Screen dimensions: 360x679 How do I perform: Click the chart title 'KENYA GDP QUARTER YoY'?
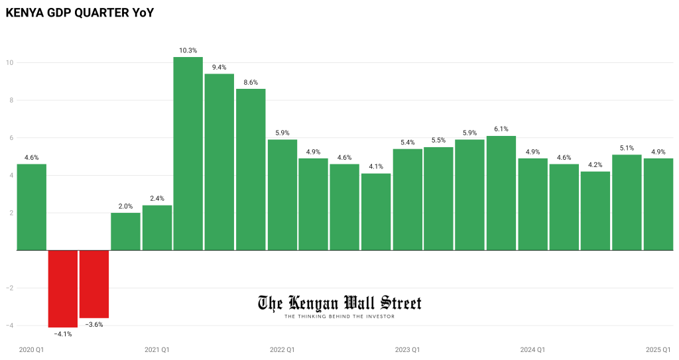coord(80,11)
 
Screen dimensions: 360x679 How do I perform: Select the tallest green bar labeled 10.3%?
coord(188,153)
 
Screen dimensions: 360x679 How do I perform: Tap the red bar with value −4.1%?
coord(63,288)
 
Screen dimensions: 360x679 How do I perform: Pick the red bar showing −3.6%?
coord(94,284)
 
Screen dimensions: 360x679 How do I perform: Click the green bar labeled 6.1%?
coord(501,193)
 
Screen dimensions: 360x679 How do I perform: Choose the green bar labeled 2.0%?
coord(125,231)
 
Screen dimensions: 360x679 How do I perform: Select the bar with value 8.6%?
coord(251,169)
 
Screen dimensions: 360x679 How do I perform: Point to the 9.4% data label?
coord(219,67)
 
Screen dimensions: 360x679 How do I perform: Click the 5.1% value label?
coord(627,148)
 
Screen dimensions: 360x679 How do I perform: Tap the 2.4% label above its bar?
coord(157,198)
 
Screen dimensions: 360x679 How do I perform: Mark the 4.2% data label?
coord(595,164)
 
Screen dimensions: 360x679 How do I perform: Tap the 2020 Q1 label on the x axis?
coord(31,349)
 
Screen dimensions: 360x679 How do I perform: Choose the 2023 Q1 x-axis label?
coord(407,349)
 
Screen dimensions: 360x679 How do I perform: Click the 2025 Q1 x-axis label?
coord(658,349)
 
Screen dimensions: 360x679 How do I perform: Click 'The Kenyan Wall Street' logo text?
coord(339,303)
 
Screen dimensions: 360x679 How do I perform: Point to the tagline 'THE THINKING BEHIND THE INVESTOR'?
coord(339,316)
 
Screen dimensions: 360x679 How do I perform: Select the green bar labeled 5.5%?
coord(438,198)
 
